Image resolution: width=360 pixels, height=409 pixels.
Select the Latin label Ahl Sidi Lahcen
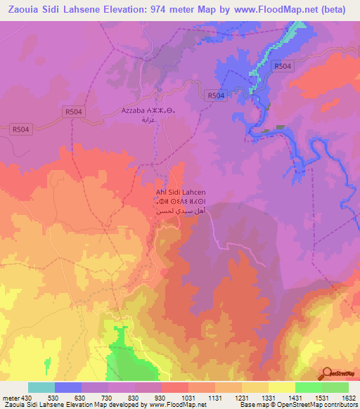pos(180,192)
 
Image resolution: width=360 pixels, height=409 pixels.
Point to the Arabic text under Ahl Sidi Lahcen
pos(180,212)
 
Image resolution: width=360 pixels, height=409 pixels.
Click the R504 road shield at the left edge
pos(22,129)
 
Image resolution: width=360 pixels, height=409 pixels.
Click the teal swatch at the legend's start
pos(41,387)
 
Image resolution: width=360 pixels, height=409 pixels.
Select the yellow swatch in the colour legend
pos(281,387)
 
